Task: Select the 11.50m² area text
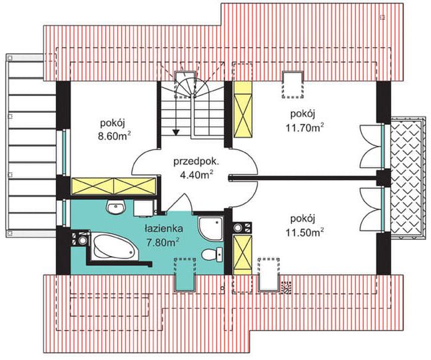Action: (x=303, y=231)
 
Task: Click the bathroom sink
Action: (x=114, y=208)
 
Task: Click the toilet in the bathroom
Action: (x=211, y=255)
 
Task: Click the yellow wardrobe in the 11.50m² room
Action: (x=242, y=255)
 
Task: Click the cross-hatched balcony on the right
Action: (x=406, y=178)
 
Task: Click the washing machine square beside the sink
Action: (x=141, y=209)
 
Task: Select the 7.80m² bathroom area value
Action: (x=163, y=241)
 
